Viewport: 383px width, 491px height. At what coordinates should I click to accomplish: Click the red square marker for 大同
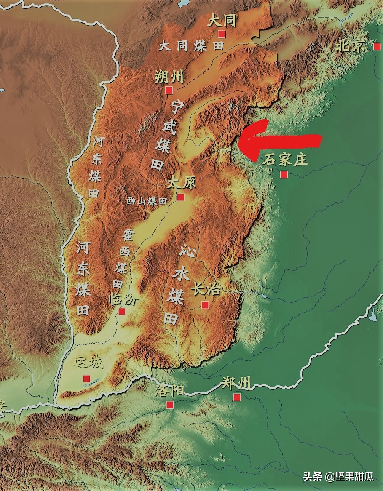[x=222, y=34]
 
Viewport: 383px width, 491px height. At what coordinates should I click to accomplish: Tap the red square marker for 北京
[x=377, y=46]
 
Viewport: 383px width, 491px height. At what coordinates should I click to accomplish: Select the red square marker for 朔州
[x=169, y=90]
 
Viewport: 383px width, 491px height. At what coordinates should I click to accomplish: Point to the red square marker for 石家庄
[x=284, y=174]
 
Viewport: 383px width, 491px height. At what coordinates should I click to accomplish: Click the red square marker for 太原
[x=180, y=197]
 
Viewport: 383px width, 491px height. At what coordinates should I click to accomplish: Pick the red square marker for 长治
[x=205, y=305]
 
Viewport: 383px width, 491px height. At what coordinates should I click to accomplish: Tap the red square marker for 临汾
[x=122, y=311]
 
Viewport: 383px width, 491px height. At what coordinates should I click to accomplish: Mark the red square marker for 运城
[x=86, y=379]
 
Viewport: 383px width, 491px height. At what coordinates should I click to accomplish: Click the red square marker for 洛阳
[x=170, y=405]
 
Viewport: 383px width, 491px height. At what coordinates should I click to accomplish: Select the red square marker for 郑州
[x=237, y=397]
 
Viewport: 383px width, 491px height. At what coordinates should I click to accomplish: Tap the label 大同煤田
[x=191, y=46]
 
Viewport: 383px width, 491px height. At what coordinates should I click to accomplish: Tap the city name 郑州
[x=236, y=383]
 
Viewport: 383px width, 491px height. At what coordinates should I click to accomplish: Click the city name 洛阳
[x=169, y=390]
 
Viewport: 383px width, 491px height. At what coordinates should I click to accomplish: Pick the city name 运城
[x=89, y=362]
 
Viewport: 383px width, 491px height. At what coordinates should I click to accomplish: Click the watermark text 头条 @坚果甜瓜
[x=338, y=477]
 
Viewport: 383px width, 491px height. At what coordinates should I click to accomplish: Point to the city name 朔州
[x=169, y=77]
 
